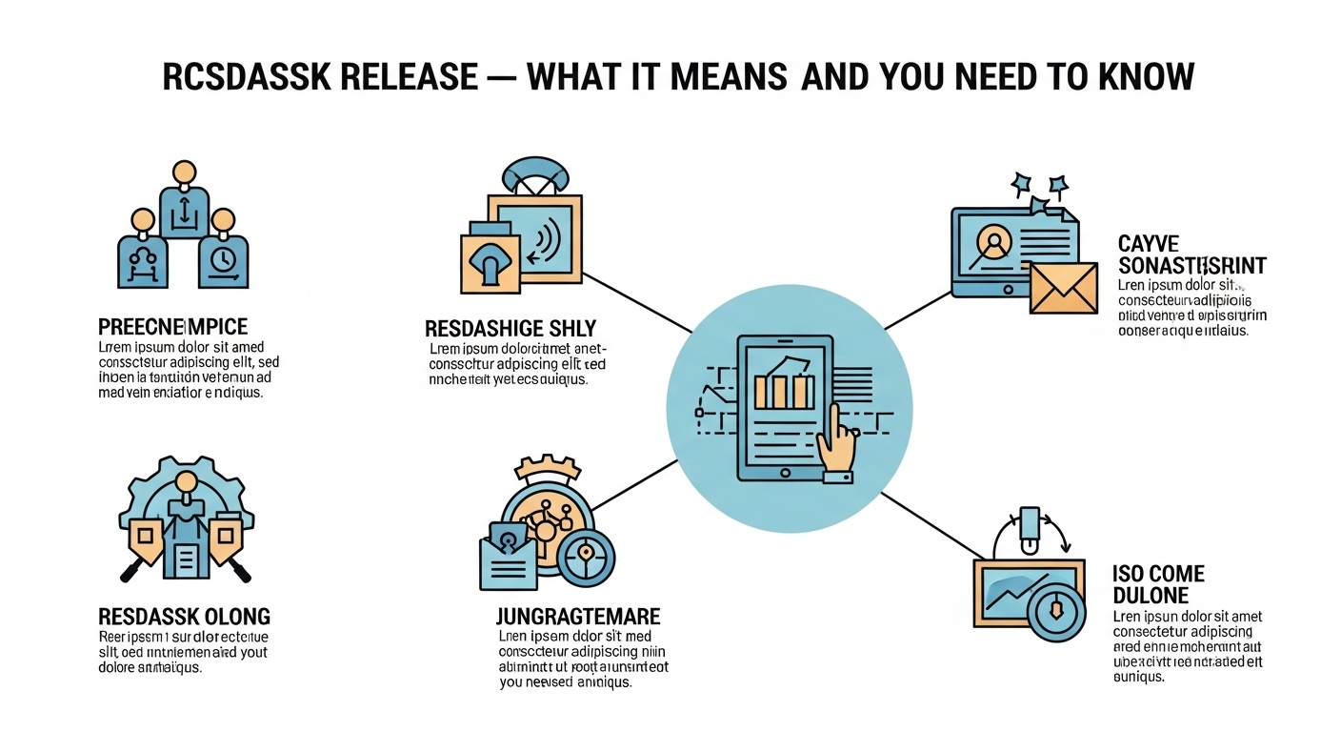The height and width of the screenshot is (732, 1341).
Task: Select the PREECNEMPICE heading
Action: pos(172,326)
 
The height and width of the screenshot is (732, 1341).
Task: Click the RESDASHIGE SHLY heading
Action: pos(510,330)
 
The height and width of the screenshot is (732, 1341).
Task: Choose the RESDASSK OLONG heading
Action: pos(184,615)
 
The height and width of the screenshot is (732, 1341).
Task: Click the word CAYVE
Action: pos(1149,245)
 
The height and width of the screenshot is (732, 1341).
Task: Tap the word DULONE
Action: pos(1151,596)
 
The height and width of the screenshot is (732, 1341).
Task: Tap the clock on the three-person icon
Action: pos(221,259)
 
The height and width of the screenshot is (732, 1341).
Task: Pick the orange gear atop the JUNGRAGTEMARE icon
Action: pos(547,468)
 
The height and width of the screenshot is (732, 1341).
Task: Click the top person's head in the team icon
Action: pos(183,173)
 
